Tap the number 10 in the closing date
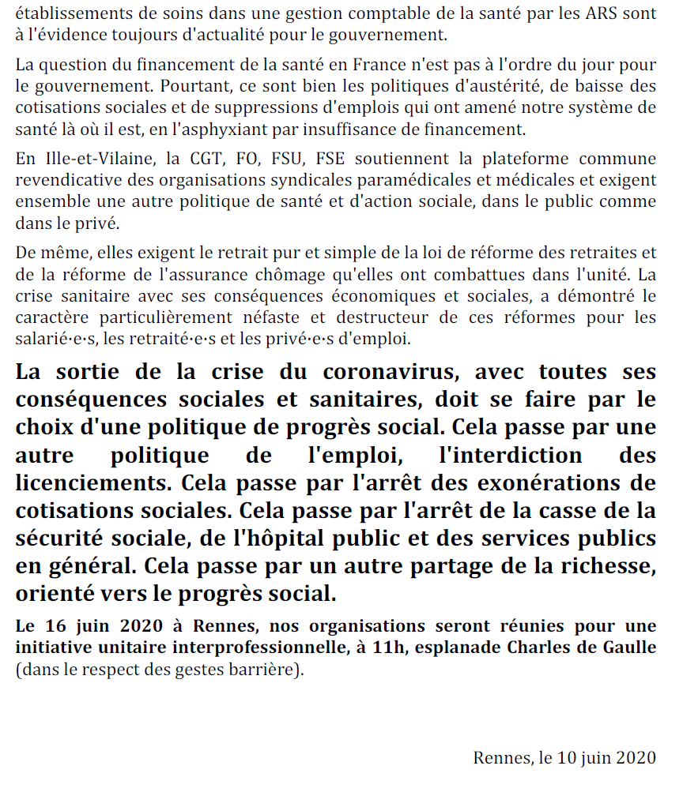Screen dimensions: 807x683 [x=566, y=757]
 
